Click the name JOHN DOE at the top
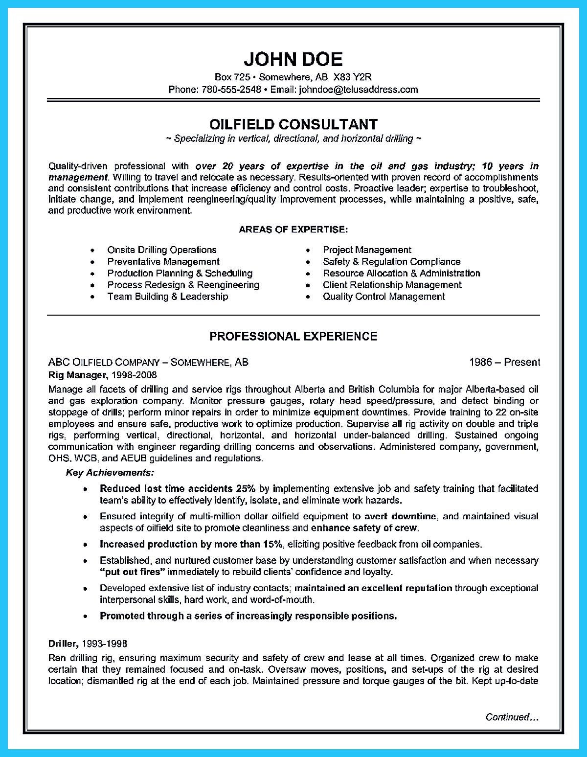293,59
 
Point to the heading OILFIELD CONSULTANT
293,124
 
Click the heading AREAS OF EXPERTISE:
293,229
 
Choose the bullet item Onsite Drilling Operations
162,250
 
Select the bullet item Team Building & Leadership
168,297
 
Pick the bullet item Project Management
367,250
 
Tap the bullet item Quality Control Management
384,297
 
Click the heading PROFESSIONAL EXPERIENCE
293,336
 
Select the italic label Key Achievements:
110,473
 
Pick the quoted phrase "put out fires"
132,572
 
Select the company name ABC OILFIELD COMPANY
104,363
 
